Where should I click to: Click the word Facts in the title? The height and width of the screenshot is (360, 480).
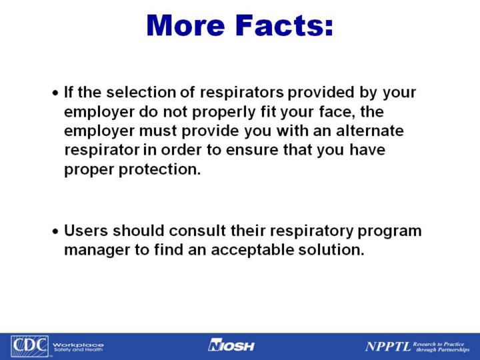pyautogui.click(x=284, y=25)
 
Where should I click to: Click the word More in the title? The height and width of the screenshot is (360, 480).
pyautogui.click(x=185, y=25)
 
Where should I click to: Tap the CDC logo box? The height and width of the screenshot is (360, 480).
pyautogui.click(x=29, y=346)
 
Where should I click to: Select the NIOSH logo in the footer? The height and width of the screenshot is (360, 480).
pyautogui.click(x=231, y=345)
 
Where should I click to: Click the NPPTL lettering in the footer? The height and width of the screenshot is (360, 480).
pyautogui.click(x=388, y=347)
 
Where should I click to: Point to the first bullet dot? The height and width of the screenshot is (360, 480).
pyautogui.click(x=55, y=93)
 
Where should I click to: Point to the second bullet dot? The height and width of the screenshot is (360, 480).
pyautogui.click(x=55, y=232)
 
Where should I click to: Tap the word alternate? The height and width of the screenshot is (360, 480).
pyautogui.click(x=370, y=131)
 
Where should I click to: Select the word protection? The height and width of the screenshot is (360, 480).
pyautogui.click(x=160, y=169)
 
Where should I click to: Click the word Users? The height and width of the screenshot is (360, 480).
pyautogui.click(x=86, y=231)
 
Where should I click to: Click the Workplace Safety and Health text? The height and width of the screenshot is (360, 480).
pyautogui.click(x=79, y=347)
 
